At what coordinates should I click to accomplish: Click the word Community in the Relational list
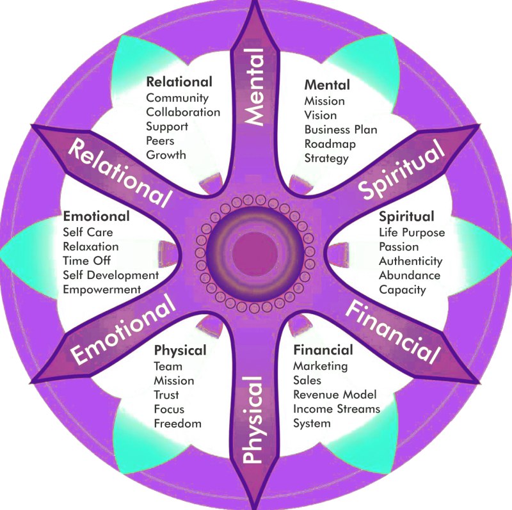pos(177,98)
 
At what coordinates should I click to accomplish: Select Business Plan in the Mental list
pos(340,129)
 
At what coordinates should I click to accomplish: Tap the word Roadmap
pos(330,143)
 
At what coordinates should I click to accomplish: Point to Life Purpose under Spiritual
pos(412,232)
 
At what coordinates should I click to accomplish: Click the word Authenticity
pos(410,261)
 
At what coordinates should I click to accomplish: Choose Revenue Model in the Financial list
pos(335,394)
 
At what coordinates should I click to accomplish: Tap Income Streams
pos(337,408)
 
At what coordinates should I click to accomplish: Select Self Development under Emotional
pos(111,275)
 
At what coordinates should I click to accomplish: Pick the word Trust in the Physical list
pos(166,395)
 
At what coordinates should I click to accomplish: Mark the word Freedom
pos(177,423)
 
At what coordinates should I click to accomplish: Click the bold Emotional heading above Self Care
pos(96,216)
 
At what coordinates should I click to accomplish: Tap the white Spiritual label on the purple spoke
pos(401,171)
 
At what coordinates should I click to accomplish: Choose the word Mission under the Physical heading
pos(173,381)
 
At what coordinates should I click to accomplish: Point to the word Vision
pos(321,115)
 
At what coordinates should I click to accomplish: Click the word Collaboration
pos(183,112)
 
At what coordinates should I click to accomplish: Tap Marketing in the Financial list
pos(320,366)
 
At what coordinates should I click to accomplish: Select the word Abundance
pos(410,275)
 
